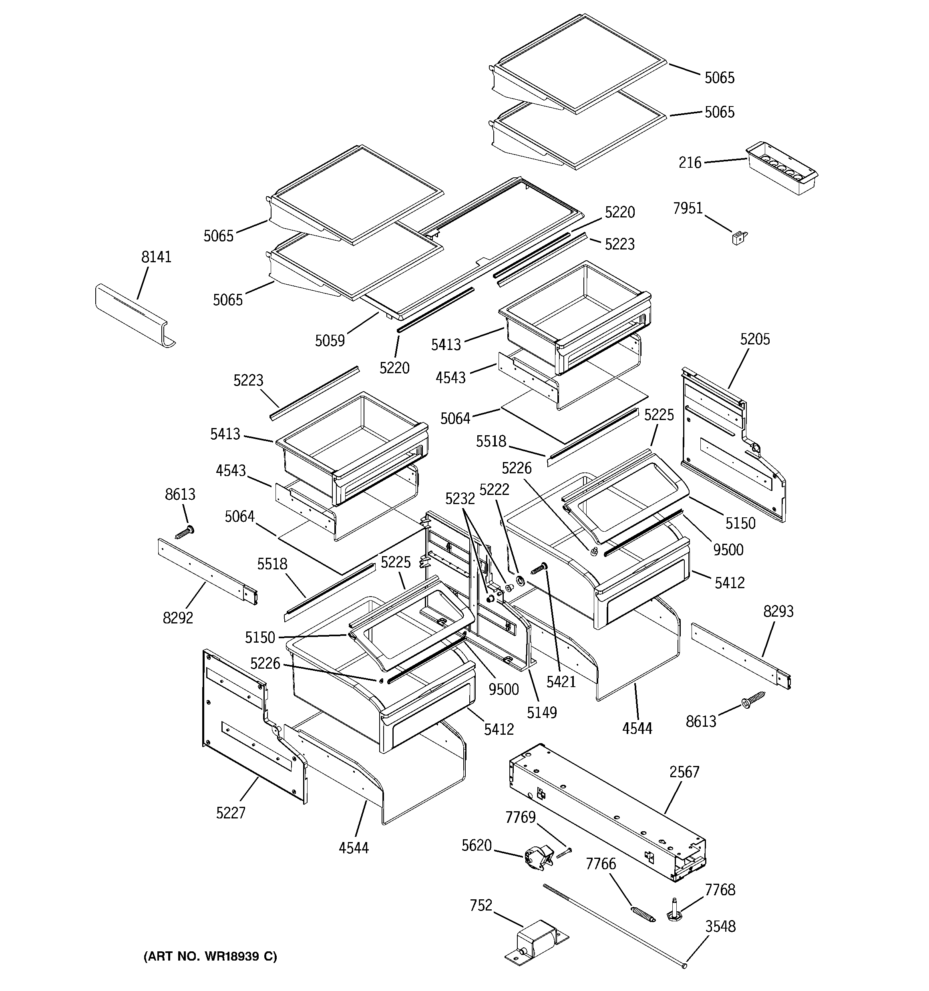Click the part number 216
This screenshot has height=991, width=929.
point(690,163)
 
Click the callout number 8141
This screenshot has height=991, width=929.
point(156,257)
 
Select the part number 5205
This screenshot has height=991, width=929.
point(754,340)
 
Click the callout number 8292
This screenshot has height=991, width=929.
point(177,618)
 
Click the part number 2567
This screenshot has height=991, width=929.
point(684,772)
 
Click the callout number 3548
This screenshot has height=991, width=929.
point(720,927)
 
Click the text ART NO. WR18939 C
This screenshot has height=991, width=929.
point(210,957)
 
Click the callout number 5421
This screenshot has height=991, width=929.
point(561,682)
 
